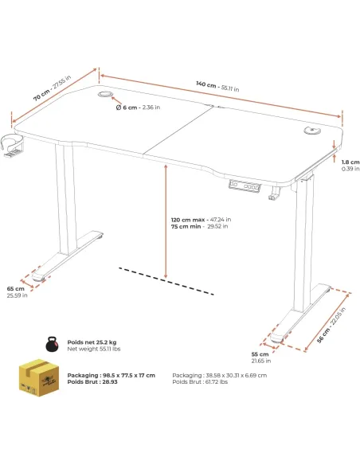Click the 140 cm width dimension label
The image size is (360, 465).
[x=217, y=86]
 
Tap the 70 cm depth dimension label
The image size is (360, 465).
[x=52, y=88]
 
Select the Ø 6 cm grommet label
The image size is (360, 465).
[x=138, y=107]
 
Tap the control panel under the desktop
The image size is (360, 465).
[x=245, y=186]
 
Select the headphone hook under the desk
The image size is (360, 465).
[x=274, y=193]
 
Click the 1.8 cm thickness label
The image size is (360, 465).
[x=350, y=165]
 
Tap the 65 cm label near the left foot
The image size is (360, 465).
[x=17, y=292]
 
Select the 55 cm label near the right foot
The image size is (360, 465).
[x=261, y=358]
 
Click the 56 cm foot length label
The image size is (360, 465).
[x=331, y=326]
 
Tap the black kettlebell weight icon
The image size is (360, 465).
[x=53, y=344]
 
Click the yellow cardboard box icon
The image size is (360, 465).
[x=38, y=377]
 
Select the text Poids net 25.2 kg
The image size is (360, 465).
[x=92, y=342]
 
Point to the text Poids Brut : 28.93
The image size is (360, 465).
[x=92, y=381]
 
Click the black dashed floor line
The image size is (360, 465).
[x=166, y=281]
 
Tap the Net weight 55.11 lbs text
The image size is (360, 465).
[x=94, y=349]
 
